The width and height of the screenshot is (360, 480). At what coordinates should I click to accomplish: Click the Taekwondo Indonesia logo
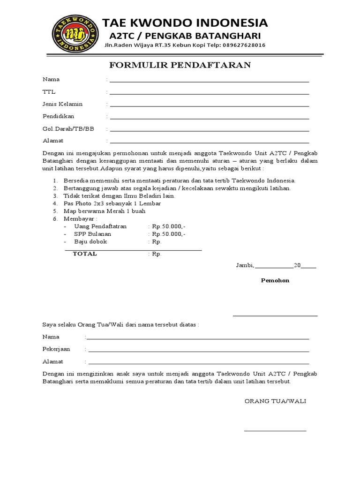pyautogui.click(x=76, y=32)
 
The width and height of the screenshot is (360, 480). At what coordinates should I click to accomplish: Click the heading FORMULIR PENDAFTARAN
pyautogui.click(x=180, y=65)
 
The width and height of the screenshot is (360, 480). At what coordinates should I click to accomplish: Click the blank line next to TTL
pyautogui.click(x=209, y=94)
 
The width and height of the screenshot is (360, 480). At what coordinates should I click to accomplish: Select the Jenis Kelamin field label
pyautogui.click(x=62, y=104)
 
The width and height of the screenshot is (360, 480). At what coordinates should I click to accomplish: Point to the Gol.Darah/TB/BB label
pyautogui.click(x=68, y=129)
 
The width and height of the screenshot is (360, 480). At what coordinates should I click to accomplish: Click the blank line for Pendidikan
pyautogui.click(x=209, y=119)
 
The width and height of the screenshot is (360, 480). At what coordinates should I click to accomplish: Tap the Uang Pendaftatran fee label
pyautogui.click(x=100, y=226)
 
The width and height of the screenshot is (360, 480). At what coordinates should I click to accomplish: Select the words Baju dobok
pyautogui.click(x=90, y=241)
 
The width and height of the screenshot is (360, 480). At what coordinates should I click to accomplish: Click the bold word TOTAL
pyautogui.click(x=85, y=254)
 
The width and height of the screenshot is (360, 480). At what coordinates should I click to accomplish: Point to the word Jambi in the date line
pyautogui.click(x=244, y=265)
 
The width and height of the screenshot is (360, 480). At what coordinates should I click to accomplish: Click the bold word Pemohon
pyautogui.click(x=275, y=280)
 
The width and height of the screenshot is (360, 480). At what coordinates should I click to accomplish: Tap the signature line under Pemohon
pyautogui.click(x=275, y=316)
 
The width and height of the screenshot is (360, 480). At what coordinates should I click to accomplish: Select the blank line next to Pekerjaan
pyautogui.click(x=198, y=351)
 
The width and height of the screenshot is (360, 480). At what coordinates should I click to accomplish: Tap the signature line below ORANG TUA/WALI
pyautogui.click(x=275, y=430)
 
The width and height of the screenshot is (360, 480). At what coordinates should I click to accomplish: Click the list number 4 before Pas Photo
pyautogui.click(x=55, y=203)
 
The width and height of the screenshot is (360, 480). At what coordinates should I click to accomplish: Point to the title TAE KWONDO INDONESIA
pyautogui.click(x=185, y=23)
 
